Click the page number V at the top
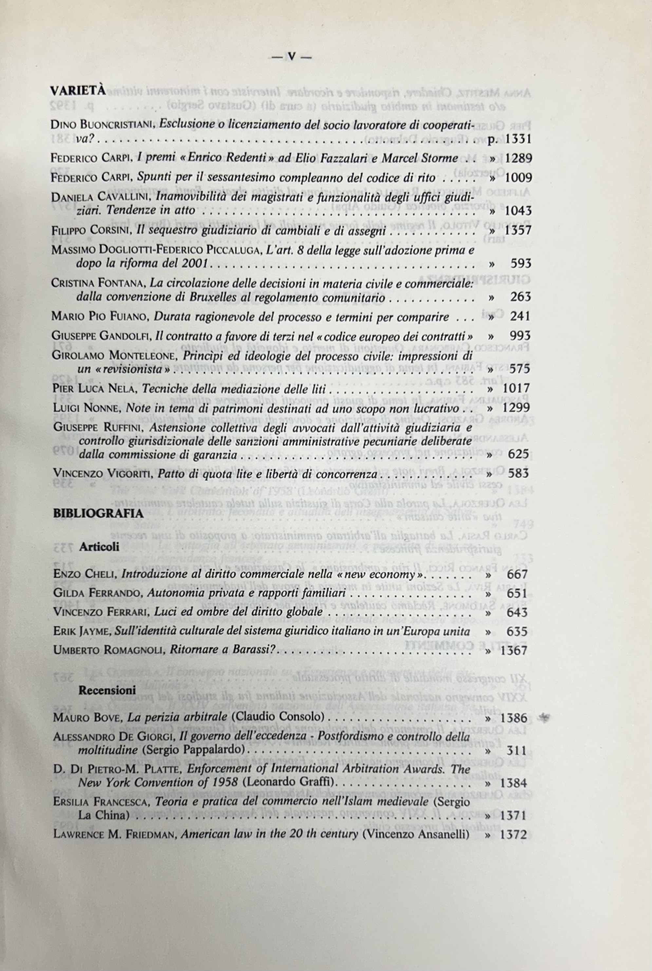pos(291,57)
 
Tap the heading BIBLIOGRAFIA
pos(99,513)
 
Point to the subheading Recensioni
pos(107,690)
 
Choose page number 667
pos(517,574)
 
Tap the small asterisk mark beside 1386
pos(543,716)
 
